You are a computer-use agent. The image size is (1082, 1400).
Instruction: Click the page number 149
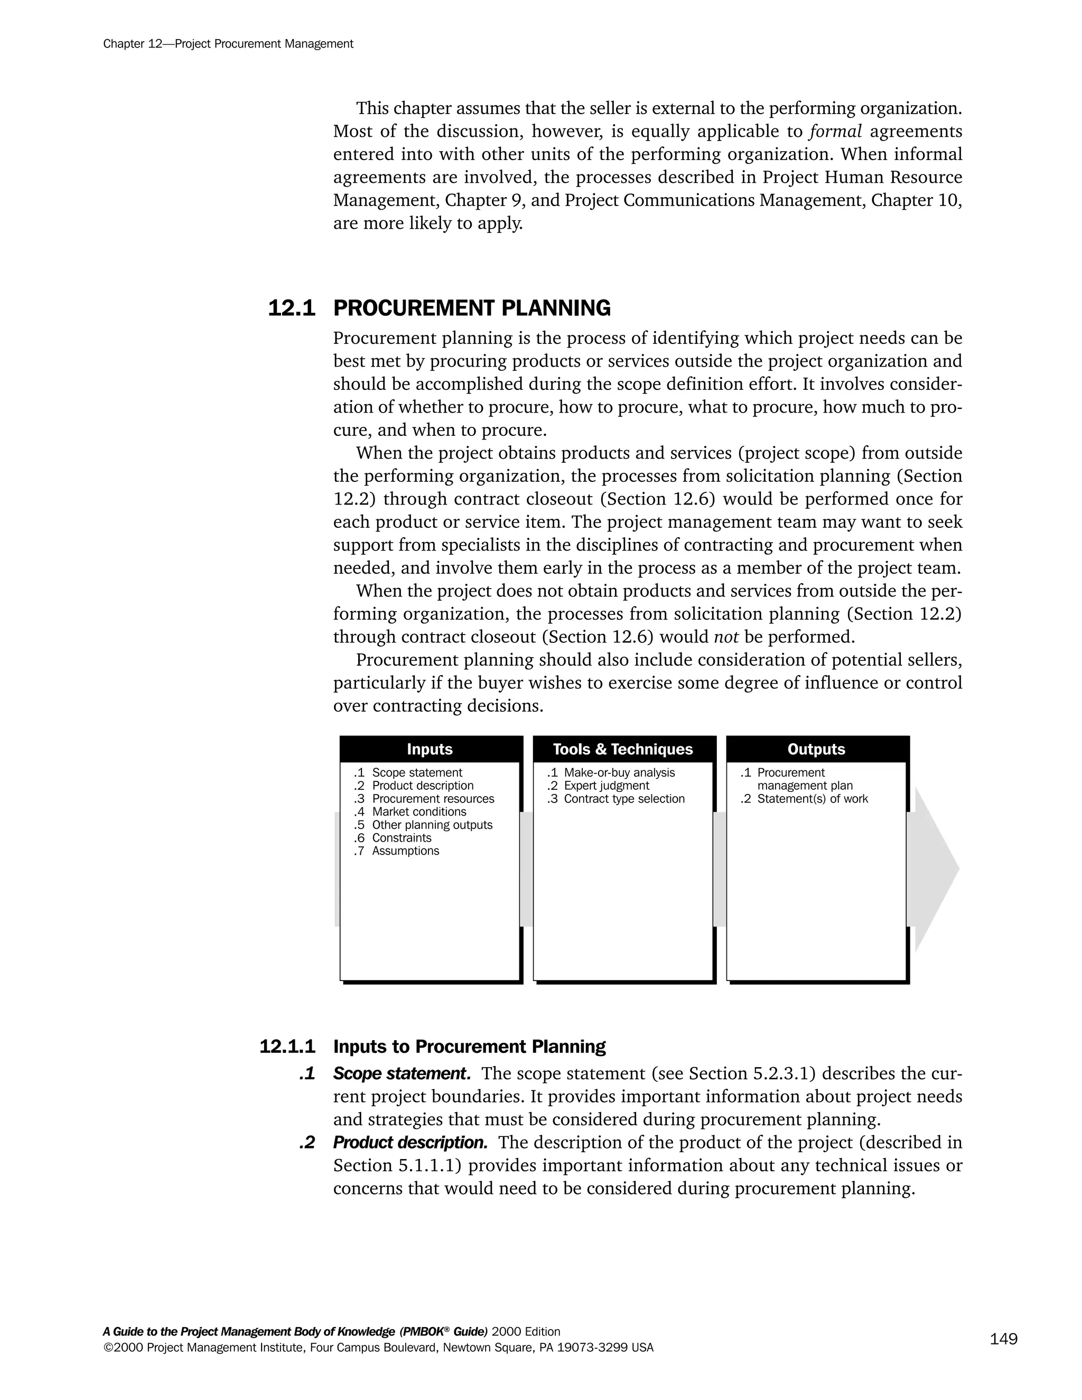click(1003, 1339)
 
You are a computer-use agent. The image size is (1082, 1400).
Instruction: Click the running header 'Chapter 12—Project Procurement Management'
click(228, 44)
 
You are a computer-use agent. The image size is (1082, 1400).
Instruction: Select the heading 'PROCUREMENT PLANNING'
click(472, 309)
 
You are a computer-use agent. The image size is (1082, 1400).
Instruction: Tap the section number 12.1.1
click(287, 1047)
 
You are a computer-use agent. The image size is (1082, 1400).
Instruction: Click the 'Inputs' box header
click(430, 749)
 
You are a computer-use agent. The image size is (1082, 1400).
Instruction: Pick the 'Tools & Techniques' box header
click(622, 749)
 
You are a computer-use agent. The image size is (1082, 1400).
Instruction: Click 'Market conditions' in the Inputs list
click(418, 811)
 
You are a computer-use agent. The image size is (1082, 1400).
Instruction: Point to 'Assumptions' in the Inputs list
click(405, 851)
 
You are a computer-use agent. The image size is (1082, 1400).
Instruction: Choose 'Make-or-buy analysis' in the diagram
click(619, 772)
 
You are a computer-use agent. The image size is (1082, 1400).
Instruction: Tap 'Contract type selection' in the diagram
click(624, 799)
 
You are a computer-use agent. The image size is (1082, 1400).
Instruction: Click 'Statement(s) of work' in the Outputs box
click(812, 799)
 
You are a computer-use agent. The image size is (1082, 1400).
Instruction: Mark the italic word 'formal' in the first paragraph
click(835, 132)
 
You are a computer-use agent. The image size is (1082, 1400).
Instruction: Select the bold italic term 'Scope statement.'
click(402, 1074)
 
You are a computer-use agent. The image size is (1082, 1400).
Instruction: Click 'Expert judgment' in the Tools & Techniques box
click(606, 786)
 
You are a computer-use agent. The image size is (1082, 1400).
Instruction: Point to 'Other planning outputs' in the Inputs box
click(432, 825)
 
